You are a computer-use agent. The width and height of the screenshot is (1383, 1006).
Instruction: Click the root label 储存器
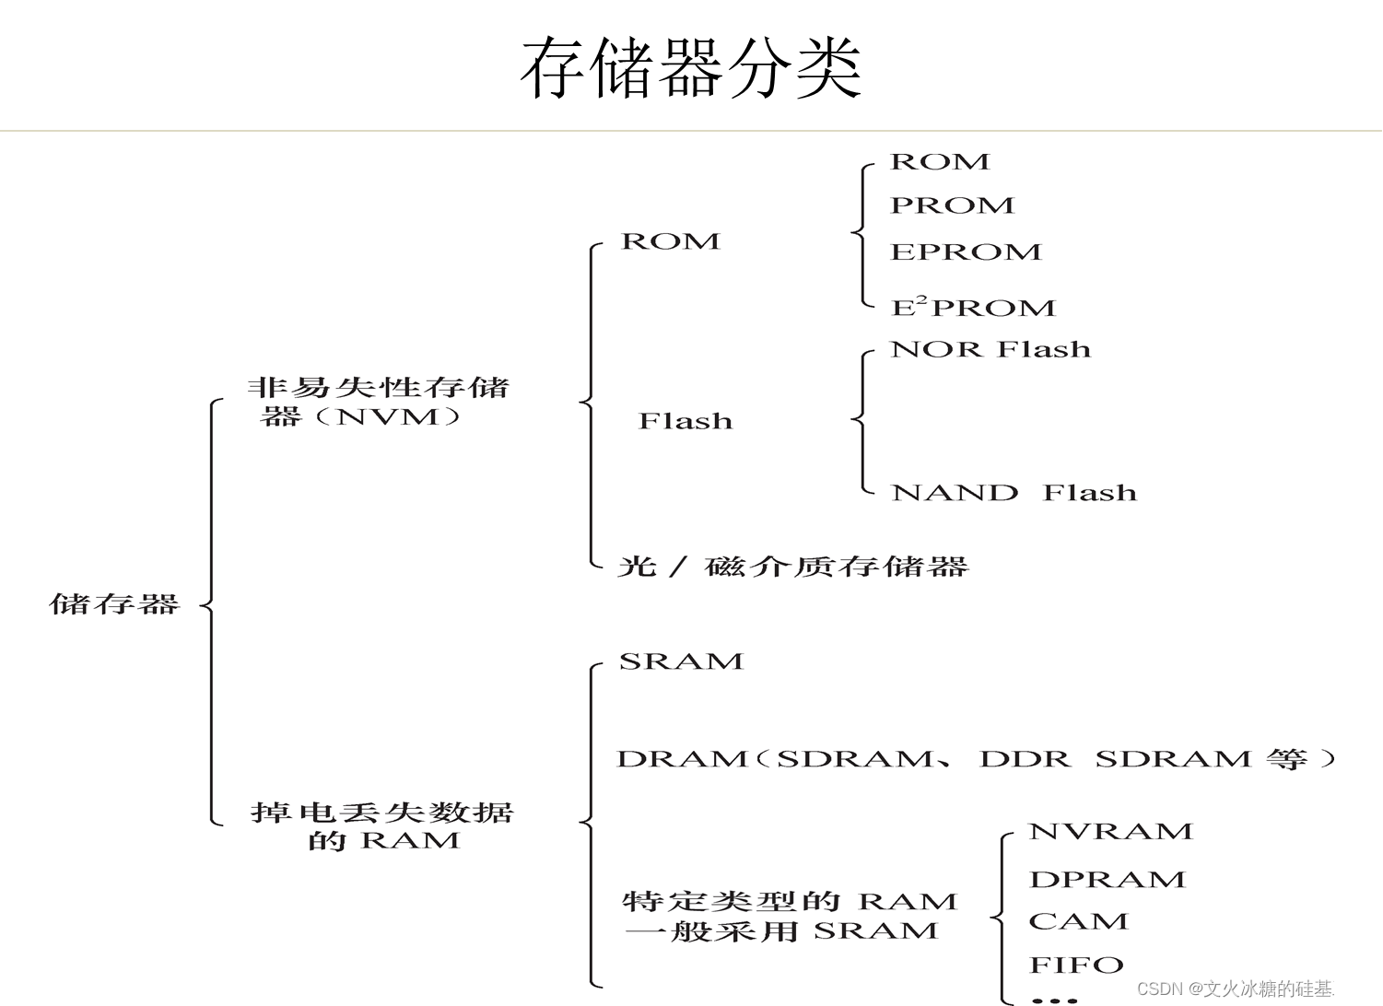114,604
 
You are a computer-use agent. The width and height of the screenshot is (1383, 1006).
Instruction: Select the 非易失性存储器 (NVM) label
378,402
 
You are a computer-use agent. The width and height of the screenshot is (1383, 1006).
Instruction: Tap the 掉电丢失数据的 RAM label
382,826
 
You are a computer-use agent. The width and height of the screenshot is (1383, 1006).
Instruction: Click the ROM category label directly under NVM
670,241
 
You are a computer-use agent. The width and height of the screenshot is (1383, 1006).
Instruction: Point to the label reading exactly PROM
952,205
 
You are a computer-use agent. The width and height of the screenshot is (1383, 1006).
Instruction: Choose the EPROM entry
966,251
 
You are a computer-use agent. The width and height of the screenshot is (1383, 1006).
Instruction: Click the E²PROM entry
973,307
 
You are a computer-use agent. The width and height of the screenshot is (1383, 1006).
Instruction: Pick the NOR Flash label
990,349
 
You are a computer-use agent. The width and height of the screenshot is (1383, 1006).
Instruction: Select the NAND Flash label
1014,493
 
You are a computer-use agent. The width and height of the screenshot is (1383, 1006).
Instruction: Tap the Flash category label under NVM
686,421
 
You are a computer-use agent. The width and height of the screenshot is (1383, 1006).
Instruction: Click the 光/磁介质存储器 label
792,566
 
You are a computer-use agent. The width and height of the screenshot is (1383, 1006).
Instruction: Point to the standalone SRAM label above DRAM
681,661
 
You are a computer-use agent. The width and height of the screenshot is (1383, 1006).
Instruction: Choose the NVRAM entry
1110,831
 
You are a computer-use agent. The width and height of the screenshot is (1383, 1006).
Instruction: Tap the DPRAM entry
1107,880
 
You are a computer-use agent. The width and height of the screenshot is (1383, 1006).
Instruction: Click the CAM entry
1078,921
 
